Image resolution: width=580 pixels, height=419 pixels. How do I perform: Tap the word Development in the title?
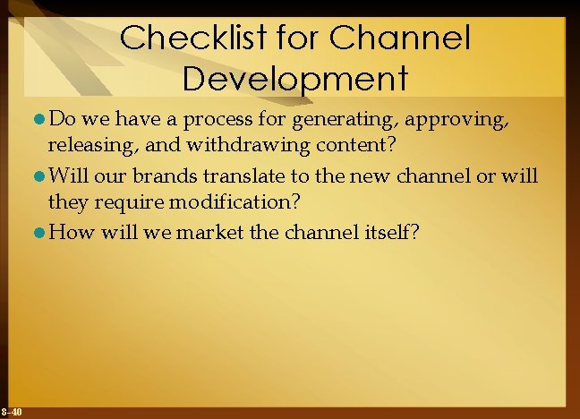pyautogui.click(x=294, y=78)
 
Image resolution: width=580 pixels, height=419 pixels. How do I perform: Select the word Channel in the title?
pyautogui.click(x=400, y=38)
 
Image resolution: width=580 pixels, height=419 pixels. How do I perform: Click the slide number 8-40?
pyautogui.click(x=12, y=412)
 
